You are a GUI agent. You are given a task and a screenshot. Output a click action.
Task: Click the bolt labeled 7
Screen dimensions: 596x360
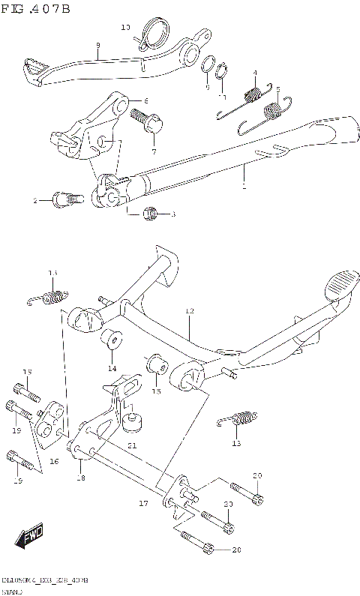(144, 120)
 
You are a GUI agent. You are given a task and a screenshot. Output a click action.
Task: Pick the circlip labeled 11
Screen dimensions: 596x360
(222, 72)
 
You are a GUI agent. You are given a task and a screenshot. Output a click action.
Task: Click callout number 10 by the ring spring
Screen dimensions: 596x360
(125, 28)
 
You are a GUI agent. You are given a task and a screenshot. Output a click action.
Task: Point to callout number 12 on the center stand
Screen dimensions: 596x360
(189, 310)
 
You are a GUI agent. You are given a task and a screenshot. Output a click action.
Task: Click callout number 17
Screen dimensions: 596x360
(142, 504)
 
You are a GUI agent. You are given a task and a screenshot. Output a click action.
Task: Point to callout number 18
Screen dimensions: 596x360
(80, 478)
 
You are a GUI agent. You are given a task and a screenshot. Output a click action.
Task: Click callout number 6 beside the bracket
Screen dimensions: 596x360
(145, 101)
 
